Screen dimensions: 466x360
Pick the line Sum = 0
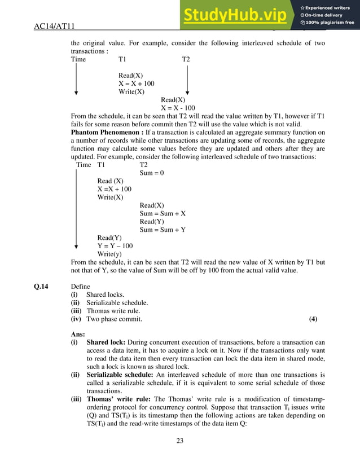[x=151, y=173]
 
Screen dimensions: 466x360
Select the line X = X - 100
[x=178, y=108]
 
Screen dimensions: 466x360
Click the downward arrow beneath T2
[x=187, y=79]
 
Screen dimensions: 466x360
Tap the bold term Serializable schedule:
[x=121, y=375]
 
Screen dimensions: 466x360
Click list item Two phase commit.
[x=114, y=319]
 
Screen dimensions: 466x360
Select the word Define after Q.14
[x=80, y=287]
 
